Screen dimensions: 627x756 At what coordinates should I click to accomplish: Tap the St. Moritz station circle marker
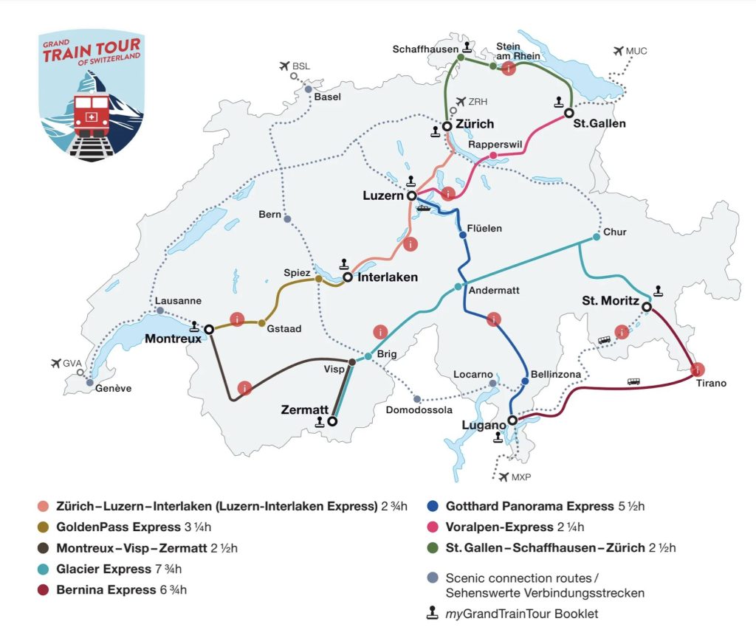646,307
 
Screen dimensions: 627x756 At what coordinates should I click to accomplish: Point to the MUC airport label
636,51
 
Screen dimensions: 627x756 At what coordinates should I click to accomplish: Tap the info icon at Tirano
696,369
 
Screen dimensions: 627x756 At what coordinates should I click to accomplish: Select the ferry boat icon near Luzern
423,207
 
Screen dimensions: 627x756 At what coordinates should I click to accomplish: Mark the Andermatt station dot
458,286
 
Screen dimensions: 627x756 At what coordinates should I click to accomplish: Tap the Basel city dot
309,89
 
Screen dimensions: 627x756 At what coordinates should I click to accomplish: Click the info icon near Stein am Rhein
508,69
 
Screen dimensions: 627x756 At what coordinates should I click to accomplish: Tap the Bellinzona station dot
525,381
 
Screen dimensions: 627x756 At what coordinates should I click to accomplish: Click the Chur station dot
596,238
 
